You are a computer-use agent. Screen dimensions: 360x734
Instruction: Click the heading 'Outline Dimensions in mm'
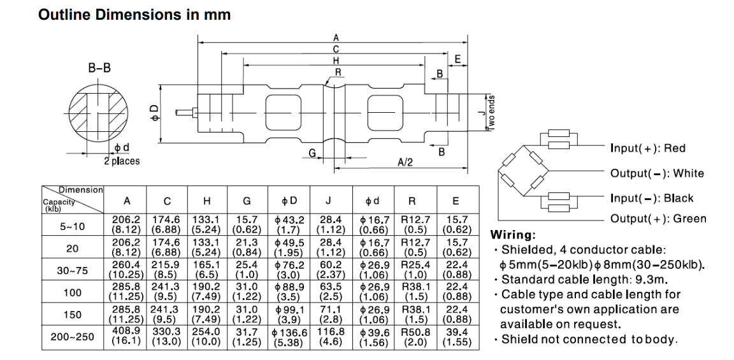tap(134, 15)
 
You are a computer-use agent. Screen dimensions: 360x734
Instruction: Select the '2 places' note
tap(122, 161)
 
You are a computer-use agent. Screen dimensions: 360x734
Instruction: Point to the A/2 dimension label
tap(405, 162)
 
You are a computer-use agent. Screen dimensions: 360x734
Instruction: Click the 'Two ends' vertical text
tap(491, 113)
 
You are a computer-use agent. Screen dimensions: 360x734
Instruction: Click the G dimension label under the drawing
tap(312, 153)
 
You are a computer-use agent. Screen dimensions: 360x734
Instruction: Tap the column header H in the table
tap(206, 201)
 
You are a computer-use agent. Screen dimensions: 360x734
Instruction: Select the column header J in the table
tap(328, 201)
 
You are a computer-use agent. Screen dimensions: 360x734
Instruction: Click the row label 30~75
tap(73, 270)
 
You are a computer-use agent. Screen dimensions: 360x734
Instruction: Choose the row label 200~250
tap(73, 336)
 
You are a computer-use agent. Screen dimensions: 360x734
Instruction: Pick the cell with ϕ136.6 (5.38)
tap(289, 337)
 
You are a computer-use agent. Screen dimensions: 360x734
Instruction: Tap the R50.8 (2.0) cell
tap(415, 336)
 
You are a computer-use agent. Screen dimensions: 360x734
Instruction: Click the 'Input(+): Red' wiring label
tap(647, 148)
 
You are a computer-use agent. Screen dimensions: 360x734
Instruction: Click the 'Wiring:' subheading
tap(513, 235)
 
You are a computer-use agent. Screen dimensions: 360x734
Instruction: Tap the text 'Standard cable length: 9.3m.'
tap(582, 280)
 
